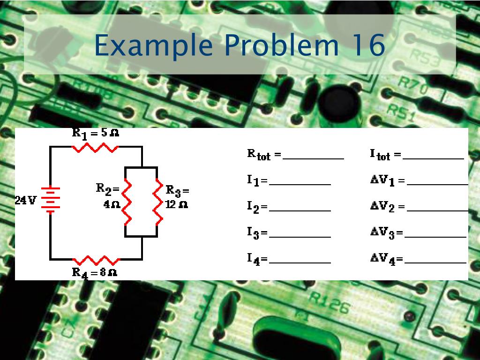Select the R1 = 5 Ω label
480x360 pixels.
tap(95, 133)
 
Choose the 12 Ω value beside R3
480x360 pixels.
tap(176, 205)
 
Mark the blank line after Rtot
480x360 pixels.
tap(313, 158)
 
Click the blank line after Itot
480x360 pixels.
tap(433, 158)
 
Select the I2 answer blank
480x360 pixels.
tap(300, 210)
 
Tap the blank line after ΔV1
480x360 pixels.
tap(437, 184)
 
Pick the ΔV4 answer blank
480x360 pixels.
tap(435, 262)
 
